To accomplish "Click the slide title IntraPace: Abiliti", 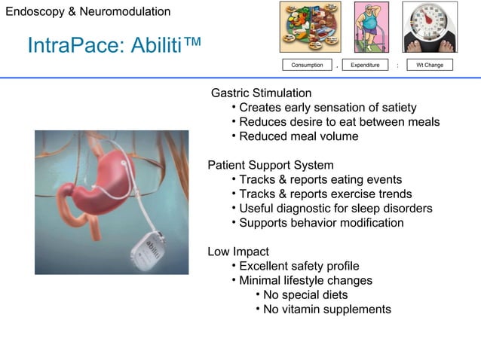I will point(114,46).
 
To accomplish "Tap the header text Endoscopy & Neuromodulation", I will point(87,12).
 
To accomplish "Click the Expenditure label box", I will point(365,65).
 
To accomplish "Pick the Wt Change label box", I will point(430,65).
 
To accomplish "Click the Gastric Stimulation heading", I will point(261,93).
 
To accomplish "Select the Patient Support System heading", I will point(271,165).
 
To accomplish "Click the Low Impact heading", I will point(238,252).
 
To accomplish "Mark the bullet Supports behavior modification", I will point(321,223).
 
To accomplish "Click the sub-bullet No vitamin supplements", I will point(326,310).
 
